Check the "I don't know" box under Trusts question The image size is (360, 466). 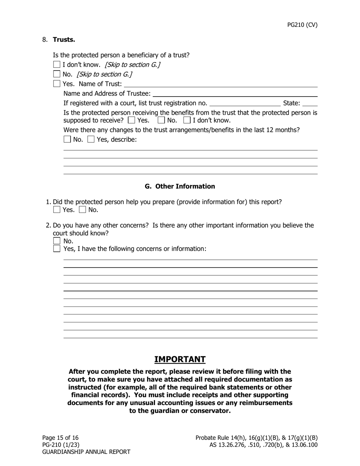pyautogui.click(x=57, y=65)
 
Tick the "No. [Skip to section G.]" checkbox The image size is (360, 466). pyautogui.click(x=57, y=74)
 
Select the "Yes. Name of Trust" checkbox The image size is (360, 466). pyautogui.click(x=57, y=84)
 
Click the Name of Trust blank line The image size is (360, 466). pyautogui.click(x=221, y=84)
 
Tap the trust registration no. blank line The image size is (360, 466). pyautogui.click(x=245, y=103)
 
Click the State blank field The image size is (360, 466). pyautogui.click(x=310, y=103)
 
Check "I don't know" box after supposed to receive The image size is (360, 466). pyautogui.click(x=187, y=120)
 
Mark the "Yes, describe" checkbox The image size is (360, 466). pyautogui.click(x=91, y=139)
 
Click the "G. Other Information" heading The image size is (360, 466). pyautogui.click(x=180, y=186)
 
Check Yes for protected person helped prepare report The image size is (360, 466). pyautogui.click(x=57, y=210)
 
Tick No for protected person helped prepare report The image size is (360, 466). pyautogui.click(x=82, y=210)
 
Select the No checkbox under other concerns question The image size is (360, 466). pyautogui.click(x=57, y=241)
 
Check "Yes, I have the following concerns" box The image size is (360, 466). pyautogui.click(x=57, y=249)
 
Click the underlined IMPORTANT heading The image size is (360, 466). pyautogui.click(x=180, y=360)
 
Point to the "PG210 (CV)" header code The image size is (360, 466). pyautogui.click(x=302, y=25)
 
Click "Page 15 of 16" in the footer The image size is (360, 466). pyautogui.click(x=60, y=438)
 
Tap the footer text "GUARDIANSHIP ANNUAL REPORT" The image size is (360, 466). pyautogui.click(x=86, y=452)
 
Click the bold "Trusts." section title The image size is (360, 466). pyautogui.click(x=64, y=40)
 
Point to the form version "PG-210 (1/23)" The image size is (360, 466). pyautogui.click(x=61, y=445)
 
